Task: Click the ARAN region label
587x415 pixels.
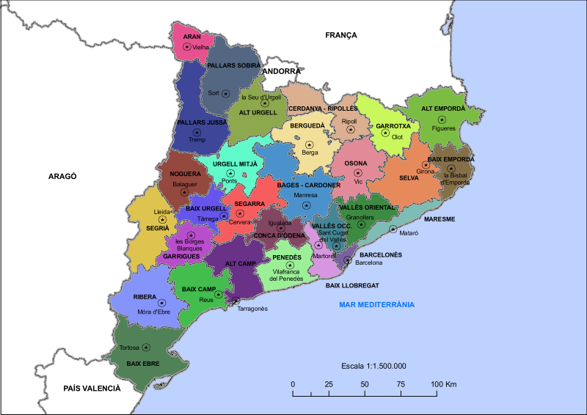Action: pyautogui.click(x=192, y=36)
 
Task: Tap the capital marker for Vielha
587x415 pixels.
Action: pyautogui.click(x=186, y=46)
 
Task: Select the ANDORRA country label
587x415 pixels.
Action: pyautogui.click(x=282, y=71)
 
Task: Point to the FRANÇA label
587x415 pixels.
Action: pyautogui.click(x=340, y=34)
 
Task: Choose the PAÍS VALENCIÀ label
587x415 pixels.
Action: pyautogui.click(x=92, y=388)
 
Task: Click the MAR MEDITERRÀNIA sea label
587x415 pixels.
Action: pyautogui.click(x=376, y=304)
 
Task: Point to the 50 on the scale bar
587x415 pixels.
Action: pyautogui.click(x=365, y=384)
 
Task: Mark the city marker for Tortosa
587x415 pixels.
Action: pyautogui.click(x=147, y=347)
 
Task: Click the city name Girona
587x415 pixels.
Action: pyautogui.click(x=426, y=172)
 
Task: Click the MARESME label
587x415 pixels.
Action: pyautogui.click(x=440, y=219)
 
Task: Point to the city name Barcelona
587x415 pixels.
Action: pyautogui.click(x=369, y=262)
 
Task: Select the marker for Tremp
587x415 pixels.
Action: pyautogui.click(x=197, y=131)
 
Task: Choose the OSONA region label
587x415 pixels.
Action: pyautogui.click(x=356, y=163)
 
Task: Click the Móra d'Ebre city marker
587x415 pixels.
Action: pyautogui.click(x=161, y=302)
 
